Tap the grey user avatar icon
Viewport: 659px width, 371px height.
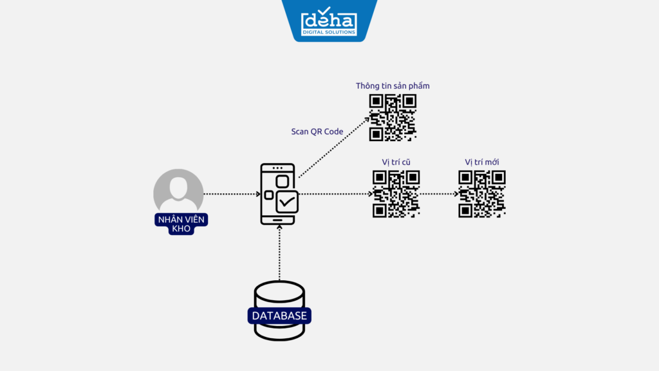point(178,191)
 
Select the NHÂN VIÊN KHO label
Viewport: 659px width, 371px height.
point(181,224)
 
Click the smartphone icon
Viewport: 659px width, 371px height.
point(278,194)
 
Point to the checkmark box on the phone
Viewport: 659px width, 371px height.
point(286,202)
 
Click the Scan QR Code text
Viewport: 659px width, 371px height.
point(317,131)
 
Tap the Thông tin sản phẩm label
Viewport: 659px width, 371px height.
point(393,86)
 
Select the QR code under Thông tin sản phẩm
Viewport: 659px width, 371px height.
point(393,118)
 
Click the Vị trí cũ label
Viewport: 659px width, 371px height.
point(396,162)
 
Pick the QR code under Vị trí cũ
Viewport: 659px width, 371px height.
point(396,193)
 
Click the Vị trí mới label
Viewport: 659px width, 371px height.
point(482,162)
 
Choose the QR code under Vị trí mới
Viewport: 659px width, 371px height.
point(482,193)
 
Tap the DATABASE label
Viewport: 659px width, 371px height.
point(279,316)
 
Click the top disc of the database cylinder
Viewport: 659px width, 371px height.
point(279,291)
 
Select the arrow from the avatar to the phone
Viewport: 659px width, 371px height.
point(230,193)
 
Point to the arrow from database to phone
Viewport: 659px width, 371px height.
point(279,254)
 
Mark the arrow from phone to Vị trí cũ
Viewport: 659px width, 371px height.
point(335,193)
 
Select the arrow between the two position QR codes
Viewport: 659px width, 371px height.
point(439,193)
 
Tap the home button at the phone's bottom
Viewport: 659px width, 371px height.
point(278,219)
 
